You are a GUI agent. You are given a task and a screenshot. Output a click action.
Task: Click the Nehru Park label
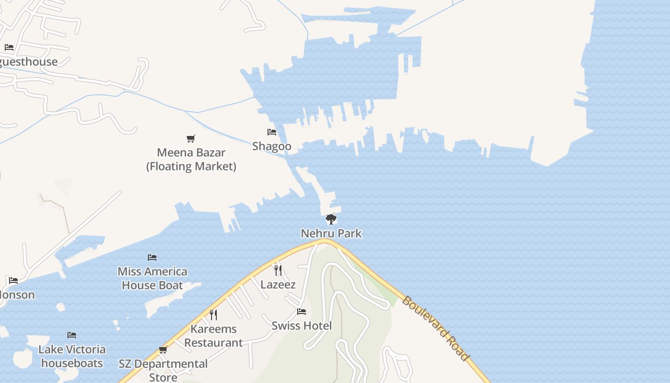pyautogui.click(x=331, y=234)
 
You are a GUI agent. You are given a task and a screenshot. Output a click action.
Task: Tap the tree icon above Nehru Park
pyautogui.click(x=331, y=219)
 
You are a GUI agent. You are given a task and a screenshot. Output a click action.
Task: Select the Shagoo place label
pyautogui.click(x=272, y=146)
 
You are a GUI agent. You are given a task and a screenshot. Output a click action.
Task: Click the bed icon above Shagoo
pyautogui.click(x=272, y=132)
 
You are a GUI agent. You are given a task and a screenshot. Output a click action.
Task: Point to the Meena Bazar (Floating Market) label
pyautogui.click(x=191, y=159)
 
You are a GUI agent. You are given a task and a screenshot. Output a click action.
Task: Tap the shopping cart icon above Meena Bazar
pyautogui.click(x=191, y=139)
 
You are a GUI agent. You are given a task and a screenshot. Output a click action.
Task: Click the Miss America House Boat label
pyautogui.click(x=152, y=278)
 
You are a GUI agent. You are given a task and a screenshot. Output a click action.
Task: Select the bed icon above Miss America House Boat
pyautogui.click(x=152, y=258)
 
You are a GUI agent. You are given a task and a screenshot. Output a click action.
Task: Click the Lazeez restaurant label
pyautogui.click(x=278, y=285)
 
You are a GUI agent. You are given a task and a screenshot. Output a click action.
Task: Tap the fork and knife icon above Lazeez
pyautogui.click(x=278, y=270)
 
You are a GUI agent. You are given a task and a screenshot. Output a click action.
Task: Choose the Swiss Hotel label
pyautogui.click(x=301, y=326)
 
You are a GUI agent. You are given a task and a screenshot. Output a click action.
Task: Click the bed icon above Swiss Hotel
pyautogui.click(x=301, y=312)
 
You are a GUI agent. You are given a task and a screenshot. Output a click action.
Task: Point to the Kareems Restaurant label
pyautogui.click(x=213, y=336)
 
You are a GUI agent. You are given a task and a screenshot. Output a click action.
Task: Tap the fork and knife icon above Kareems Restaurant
pyautogui.click(x=213, y=315)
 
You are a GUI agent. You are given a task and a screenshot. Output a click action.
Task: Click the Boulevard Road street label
pyautogui.click(x=435, y=328)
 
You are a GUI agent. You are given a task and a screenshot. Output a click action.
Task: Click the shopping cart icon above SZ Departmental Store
pyautogui.click(x=163, y=350)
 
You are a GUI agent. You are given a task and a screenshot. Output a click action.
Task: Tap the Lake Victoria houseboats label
pyautogui.click(x=72, y=356)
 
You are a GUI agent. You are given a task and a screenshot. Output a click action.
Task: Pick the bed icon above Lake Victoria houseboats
pyautogui.click(x=72, y=335)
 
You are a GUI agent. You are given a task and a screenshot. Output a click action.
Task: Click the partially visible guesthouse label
pyautogui.click(x=29, y=62)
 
